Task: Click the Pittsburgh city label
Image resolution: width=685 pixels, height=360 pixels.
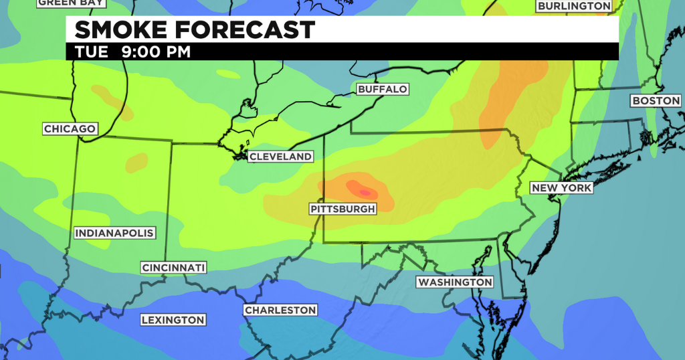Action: (x=342, y=209)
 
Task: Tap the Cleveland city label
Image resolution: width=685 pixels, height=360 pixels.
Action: (x=280, y=157)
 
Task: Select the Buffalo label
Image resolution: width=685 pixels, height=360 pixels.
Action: (x=382, y=89)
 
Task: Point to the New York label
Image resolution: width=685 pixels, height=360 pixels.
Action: (x=561, y=188)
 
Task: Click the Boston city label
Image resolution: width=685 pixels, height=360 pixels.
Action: (x=656, y=101)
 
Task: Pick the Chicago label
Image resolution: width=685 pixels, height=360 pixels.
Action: (x=70, y=128)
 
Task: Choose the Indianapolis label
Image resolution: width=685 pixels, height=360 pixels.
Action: (x=114, y=234)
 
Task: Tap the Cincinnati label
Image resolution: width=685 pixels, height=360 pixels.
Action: (x=173, y=268)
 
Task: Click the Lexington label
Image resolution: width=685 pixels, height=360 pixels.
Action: (x=173, y=320)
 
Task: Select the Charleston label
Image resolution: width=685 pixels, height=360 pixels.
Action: (x=280, y=310)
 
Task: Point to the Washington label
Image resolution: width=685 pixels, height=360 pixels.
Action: (x=455, y=282)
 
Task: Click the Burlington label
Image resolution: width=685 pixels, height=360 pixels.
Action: (x=574, y=6)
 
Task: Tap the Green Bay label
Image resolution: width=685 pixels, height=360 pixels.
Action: (x=70, y=3)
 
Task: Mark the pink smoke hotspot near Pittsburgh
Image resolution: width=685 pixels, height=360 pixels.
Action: (x=364, y=192)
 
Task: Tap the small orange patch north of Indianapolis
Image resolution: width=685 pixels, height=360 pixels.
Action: (x=137, y=161)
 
